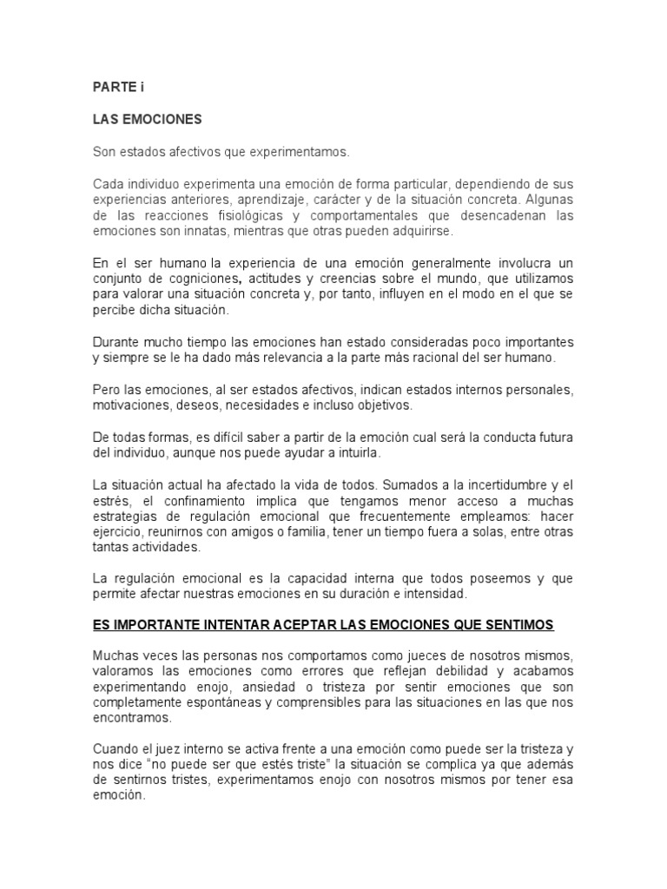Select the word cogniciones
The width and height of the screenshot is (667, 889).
point(204,280)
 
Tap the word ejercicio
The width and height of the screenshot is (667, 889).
point(118,532)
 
